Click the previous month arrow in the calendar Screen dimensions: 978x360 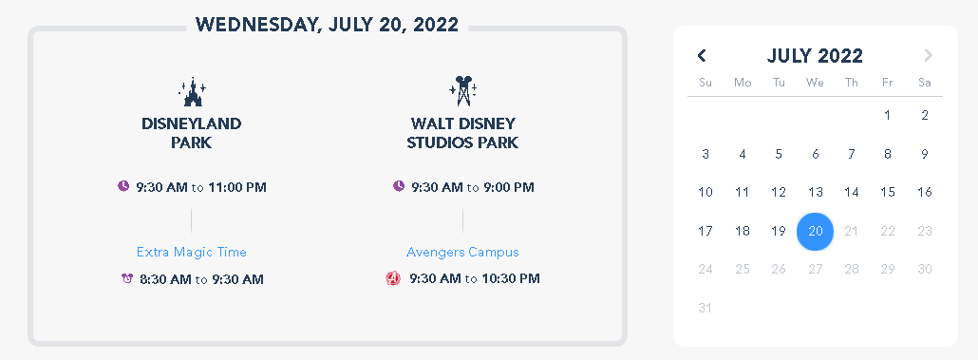tap(702, 55)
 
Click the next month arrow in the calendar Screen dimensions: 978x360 tap(928, 55)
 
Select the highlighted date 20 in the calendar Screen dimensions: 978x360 tap(816, 231)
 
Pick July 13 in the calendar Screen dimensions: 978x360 tap(816, 192)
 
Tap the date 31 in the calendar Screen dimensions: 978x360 tap(705, 308)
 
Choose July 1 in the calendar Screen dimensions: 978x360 tap(888, 115)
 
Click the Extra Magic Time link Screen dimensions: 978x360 tap(192, 252)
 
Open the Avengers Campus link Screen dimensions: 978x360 tap(462, 252)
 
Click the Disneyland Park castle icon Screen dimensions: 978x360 tap(192, 92)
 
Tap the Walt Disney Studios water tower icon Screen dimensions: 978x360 tap(462, 91)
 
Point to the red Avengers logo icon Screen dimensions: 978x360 tap(393, 278)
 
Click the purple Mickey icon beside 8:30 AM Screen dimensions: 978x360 tap(127, 278)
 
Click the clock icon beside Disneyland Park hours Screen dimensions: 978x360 tap(123, 186)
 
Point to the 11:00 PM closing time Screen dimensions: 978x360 tap(237, 187)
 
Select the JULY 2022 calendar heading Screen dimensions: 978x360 tap(815, 55)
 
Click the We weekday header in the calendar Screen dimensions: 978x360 tap(815, 83)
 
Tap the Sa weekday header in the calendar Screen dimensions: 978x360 tap(925, 83)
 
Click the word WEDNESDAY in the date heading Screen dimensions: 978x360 tap(257, 25)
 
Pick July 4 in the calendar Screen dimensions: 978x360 tap(743, 154)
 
